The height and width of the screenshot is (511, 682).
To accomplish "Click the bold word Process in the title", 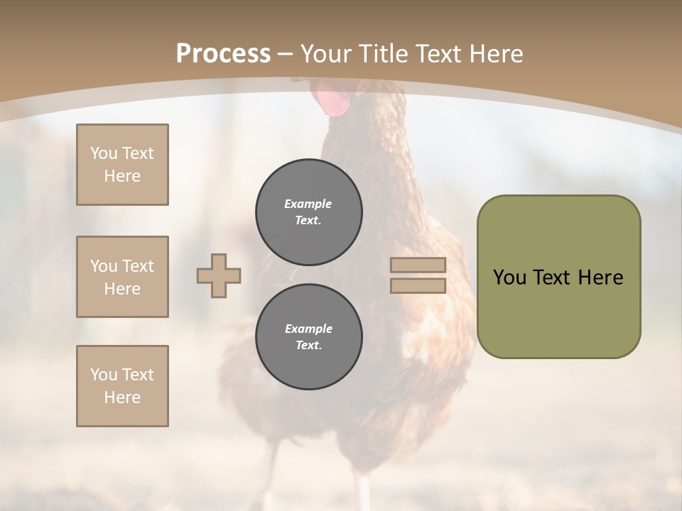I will click(223, 53).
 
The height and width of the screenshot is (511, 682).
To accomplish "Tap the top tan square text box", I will click(122, 165).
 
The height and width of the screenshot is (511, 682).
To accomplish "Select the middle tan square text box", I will click(122, 277).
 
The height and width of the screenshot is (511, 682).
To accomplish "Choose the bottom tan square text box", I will click(122, 386).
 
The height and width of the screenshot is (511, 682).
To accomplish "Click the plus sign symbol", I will click(219, 276).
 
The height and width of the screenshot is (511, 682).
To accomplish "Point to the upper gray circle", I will click(308, 211).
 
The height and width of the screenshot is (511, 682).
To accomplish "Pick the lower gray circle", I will click(308, 336).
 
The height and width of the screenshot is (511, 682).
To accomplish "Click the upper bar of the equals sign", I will click(418, 265).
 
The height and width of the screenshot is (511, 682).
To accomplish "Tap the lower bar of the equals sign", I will click(418, 286).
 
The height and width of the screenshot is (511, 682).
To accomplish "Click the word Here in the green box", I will click(600, 278).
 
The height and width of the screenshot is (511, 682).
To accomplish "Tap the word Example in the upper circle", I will click(308, 204).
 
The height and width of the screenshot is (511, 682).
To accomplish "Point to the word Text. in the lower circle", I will click(308, 346).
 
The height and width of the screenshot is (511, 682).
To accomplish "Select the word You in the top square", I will click(104, 153).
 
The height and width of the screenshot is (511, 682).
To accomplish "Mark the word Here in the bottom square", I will click(122, 397).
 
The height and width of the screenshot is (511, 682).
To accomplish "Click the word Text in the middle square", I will click(138, 266).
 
